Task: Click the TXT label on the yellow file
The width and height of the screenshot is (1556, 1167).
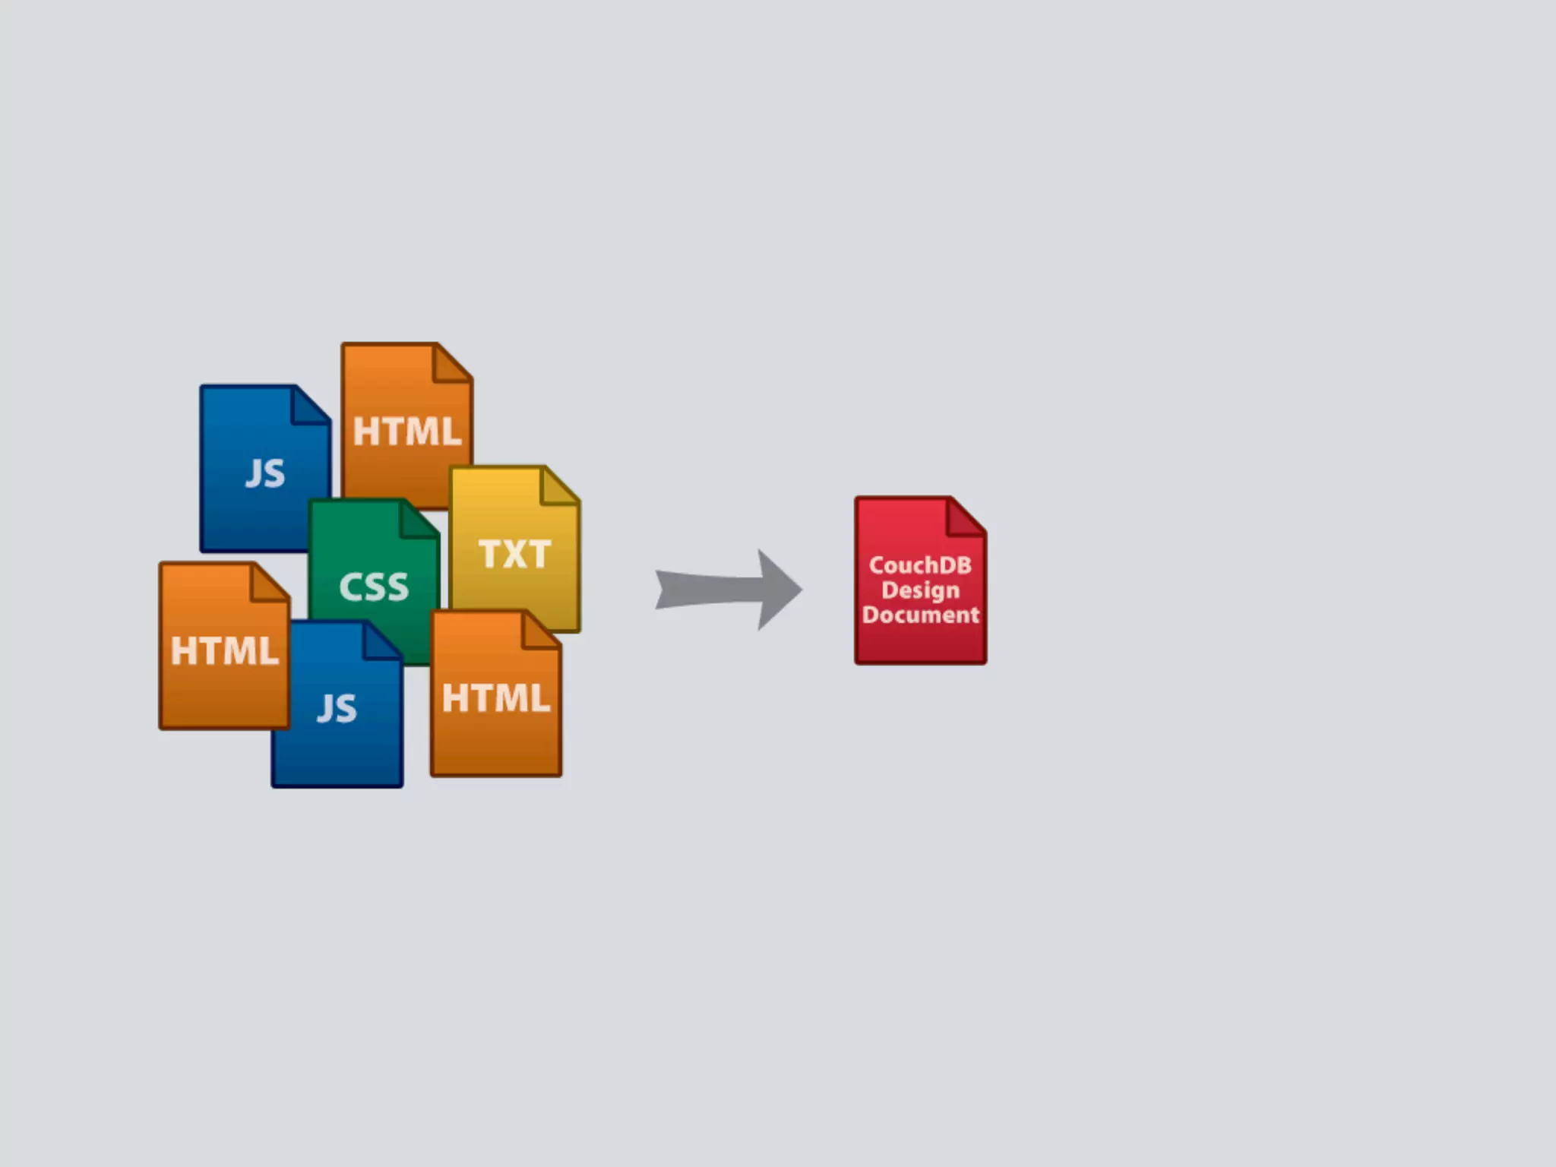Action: coord(514,554)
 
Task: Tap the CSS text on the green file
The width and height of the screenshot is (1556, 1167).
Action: coord(374,587)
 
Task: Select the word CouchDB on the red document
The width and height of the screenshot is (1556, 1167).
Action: coord(920,565)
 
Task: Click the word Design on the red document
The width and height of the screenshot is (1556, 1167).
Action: coord(920,590)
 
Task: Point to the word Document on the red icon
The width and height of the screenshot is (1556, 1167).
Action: coord(921,615)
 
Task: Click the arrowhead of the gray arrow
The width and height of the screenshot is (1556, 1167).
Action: coord(779,590)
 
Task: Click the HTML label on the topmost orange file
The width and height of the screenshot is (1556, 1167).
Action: coord(407,432)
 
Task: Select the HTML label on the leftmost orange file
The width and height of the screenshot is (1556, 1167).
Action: coord(224,651)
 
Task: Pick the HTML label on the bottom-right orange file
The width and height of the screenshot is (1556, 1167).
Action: coord(495,697)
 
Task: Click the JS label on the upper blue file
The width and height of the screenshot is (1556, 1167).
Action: coord(265,473)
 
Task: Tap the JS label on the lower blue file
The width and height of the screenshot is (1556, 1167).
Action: coord(337,708)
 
